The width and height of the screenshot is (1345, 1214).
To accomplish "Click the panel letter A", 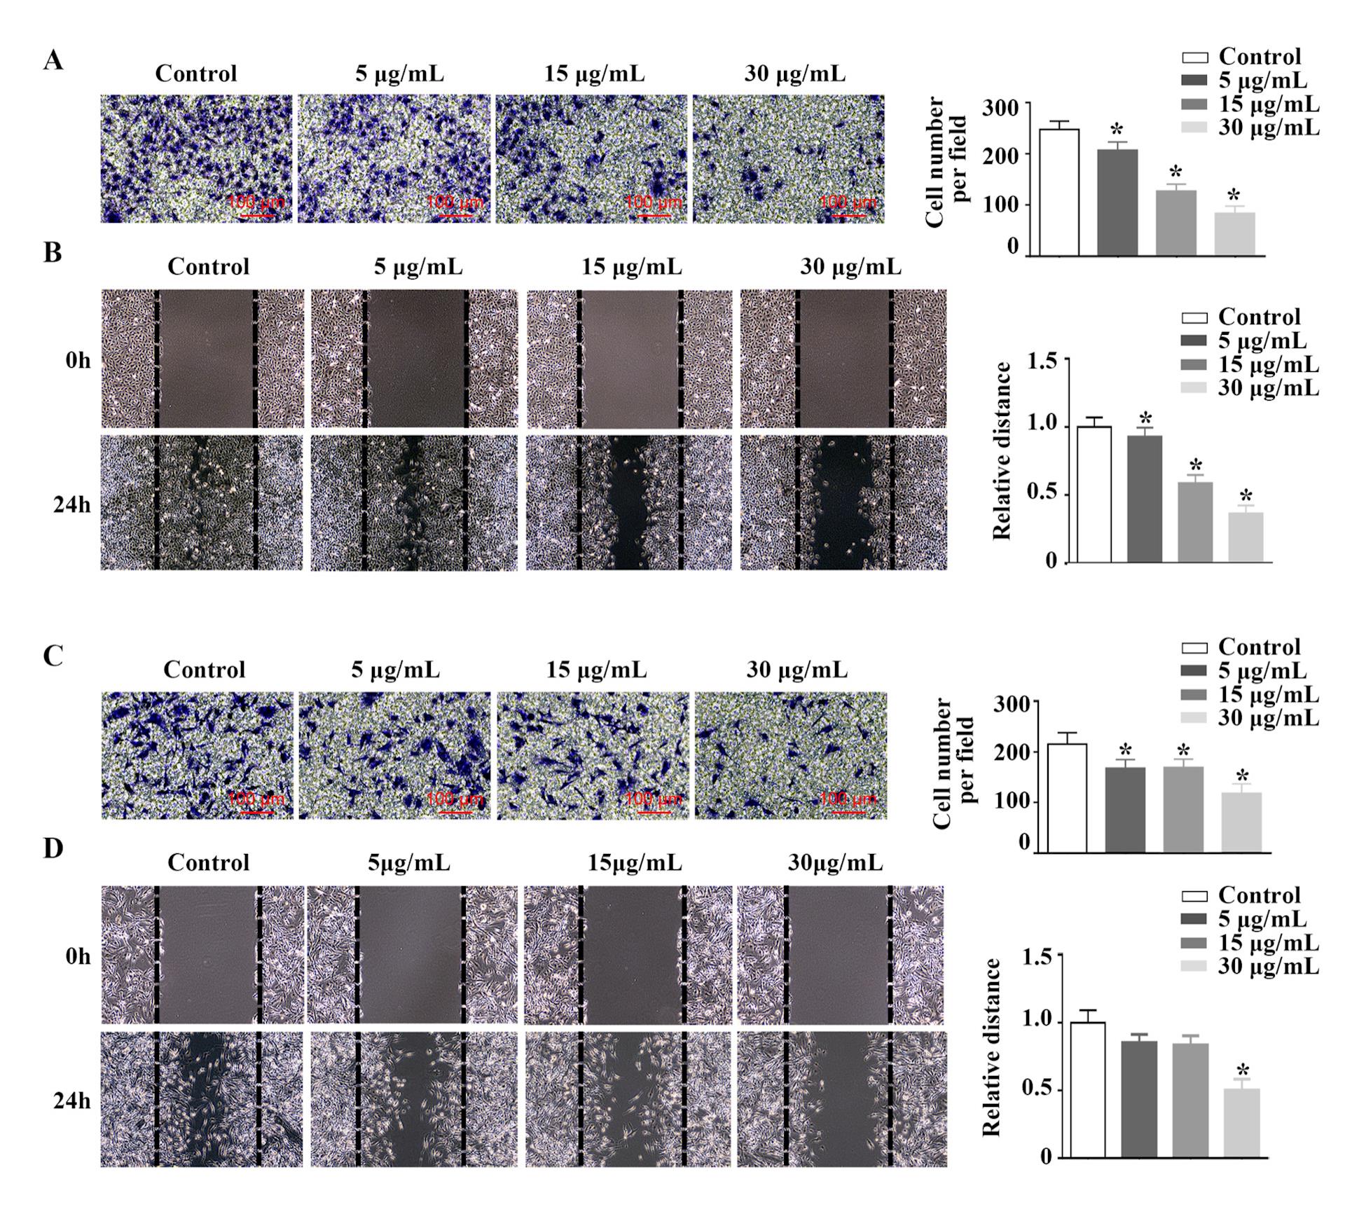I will [x=53, y=61].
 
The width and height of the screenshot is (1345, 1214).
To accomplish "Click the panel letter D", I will [x=53, y=848].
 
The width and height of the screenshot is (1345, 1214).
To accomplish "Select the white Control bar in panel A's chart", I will [x=1058, y=192].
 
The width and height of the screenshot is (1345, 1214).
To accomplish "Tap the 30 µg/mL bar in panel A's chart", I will [x=1235, y=233].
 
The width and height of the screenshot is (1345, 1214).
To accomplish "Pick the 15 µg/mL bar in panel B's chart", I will [x=1195, y=522].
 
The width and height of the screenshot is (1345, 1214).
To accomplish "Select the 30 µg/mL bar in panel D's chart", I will [x=1241, y=1122].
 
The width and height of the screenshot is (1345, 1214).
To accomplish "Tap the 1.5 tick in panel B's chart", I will [x=1042, y=361].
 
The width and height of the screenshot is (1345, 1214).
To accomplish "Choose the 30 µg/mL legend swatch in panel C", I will [x=1195, y=718].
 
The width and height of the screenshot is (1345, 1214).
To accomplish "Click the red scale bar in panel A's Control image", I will [x=258, y=215].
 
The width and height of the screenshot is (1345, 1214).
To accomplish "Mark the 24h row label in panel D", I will [x=72, y=1101].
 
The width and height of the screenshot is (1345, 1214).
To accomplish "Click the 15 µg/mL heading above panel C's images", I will [x=596, y=670].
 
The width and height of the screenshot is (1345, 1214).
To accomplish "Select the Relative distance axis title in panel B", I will [x=1002, y=451].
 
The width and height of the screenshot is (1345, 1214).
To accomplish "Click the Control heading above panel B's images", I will [x=208, y=267].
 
